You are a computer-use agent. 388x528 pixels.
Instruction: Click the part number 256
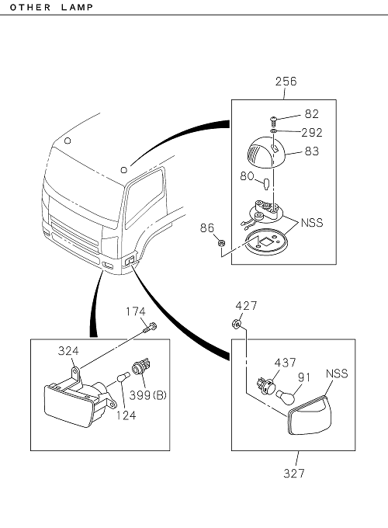tap(286, 82)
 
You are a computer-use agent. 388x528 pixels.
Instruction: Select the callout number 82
tap(312, 114)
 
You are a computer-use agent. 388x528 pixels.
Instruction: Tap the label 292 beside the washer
tap(312, 132)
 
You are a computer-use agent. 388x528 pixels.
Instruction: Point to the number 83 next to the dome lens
tap(312, 151)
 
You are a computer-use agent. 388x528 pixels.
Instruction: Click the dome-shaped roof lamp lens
tap(266, 152)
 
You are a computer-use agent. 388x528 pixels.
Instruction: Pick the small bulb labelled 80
tap(266, 184)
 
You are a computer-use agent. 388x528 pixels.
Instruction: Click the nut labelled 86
tap(221, 242)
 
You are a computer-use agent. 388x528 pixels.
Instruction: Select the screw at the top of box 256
tap(273, 120)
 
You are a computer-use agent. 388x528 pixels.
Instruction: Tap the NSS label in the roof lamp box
tap(312, 223)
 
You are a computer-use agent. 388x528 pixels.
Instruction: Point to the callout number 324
tap(68, 351)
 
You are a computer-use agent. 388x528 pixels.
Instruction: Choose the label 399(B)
tap(148, 395)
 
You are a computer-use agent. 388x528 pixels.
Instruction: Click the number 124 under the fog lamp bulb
tap(126, 415)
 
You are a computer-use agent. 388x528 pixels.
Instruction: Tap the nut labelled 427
tap(236, 325)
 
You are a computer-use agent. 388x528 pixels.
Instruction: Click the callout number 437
tap(286, 363)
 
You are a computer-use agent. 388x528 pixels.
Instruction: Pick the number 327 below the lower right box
tap(294, 473)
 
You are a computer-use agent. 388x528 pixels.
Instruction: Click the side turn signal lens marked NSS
tap(310, 415)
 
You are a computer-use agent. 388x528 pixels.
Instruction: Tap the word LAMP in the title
tap(78, 7)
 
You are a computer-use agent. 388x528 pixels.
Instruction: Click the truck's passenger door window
tap(144, 198)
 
